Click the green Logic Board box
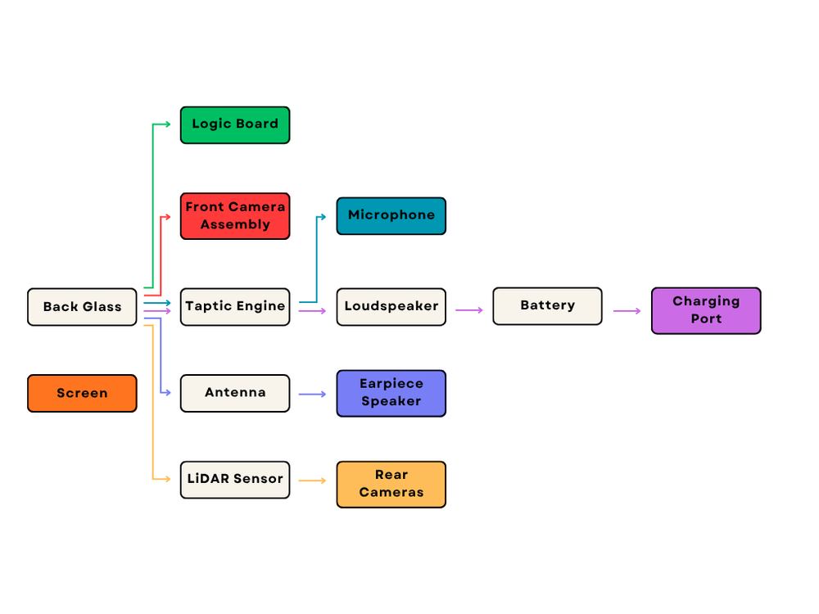click(235, 124)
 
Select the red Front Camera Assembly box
click(235, 216)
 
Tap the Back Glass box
click(82, 307)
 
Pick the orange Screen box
click(82, 393)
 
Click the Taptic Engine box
click(235, 307)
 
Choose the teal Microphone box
click(391, 216)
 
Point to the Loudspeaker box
click(391, 307)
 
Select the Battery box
click(547, 306)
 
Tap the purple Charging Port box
click(706, 310)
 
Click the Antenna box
click(235, 393)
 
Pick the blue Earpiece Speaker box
click(391, 393)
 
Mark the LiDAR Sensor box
click(235, 480)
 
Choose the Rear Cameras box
click(391, 484)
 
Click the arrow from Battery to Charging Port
click(627, 311)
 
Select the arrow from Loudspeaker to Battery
click(469, 310)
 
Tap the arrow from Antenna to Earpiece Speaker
click(313, 395)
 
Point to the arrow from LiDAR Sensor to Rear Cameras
click(313, 481)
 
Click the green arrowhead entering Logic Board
click(167, 124)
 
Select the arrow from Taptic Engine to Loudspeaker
click(313, 311)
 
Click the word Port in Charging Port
click(706, 319)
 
